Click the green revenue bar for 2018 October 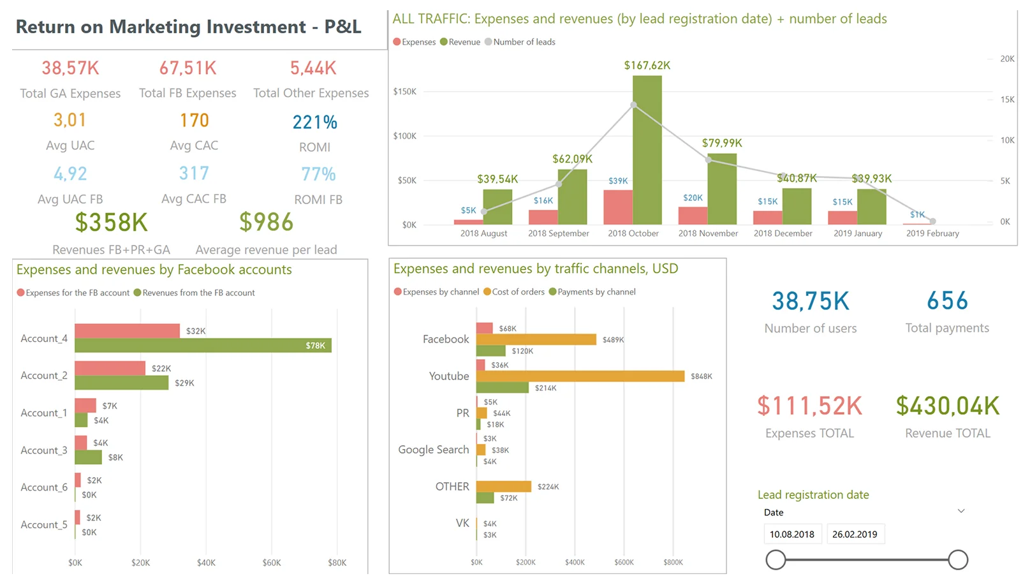[647, 150]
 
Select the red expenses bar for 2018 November [693, 216]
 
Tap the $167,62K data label [647, 65]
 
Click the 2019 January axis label [857, 233]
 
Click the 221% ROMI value [314, 122]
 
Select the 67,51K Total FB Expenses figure [188, 68]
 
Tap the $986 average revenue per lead [266, 222]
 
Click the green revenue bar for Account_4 [203, 345]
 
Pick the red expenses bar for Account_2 [110, 368]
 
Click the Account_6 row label [44, 487]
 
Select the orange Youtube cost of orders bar [580, 376]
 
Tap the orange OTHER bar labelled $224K [503, 487]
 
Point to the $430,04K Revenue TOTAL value [947, 406]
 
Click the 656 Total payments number [947, 300]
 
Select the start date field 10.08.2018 [792, 535]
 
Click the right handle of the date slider [957, 560]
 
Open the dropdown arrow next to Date [961, 511]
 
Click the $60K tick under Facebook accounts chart [272, 563]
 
